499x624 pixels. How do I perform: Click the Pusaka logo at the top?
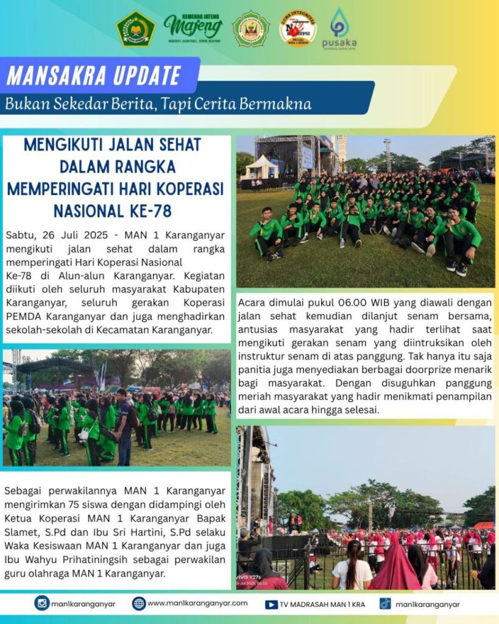339,28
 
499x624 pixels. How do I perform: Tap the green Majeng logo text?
193,26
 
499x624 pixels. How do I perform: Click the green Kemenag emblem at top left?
136,29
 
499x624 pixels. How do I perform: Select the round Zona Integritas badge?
297,29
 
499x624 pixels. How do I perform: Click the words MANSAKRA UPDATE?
94,76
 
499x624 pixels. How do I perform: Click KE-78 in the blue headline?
146,211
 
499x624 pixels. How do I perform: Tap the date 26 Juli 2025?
76,235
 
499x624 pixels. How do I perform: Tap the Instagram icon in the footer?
42,603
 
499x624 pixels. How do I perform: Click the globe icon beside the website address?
139,603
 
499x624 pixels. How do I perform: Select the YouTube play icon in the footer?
272,604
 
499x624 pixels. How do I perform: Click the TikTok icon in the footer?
385,603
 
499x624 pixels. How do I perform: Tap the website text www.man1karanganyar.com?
197,603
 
